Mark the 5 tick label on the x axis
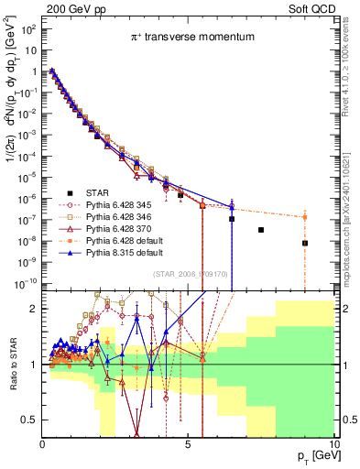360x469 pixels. click(188, 442)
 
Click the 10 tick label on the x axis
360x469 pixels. click(333, 442)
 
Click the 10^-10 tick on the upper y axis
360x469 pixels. click(26, 281)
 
